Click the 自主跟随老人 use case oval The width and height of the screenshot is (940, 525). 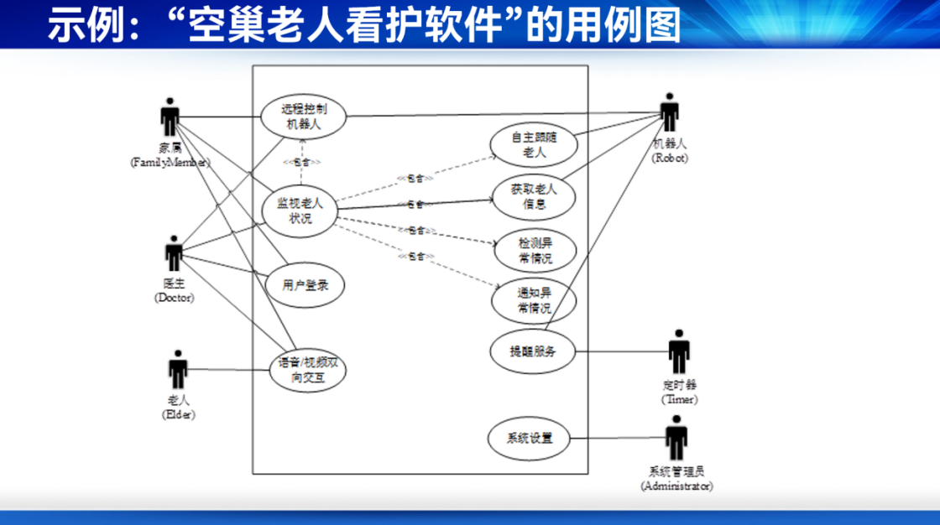point(534,145)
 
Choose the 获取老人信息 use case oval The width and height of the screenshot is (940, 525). point(534,195)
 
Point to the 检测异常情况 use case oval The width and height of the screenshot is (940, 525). point(535,250)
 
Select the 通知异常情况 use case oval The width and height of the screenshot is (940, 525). point(534,300)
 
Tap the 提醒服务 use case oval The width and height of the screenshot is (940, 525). point(532,351)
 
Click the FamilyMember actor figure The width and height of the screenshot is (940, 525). point(170,117)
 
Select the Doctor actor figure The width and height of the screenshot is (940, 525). point(174,253)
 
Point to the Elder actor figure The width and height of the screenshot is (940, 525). point(177,370)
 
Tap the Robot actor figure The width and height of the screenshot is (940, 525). point(669,112)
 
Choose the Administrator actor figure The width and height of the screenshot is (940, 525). point(676,438)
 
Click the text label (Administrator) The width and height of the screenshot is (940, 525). point(676,486)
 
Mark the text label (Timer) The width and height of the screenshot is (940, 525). point(679,400)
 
